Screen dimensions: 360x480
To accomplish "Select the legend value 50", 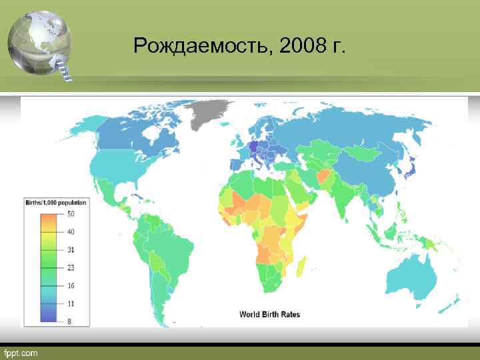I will pos(70,214).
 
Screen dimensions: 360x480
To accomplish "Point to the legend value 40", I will pos(70,232).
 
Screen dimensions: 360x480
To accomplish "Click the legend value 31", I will pos(70,250).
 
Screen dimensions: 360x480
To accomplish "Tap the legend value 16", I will pos(70,286).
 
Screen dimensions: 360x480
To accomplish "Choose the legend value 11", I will pos(70,304).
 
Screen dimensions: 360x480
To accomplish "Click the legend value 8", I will pos(69,321).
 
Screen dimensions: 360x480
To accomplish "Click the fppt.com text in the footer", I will pos(23,352).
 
